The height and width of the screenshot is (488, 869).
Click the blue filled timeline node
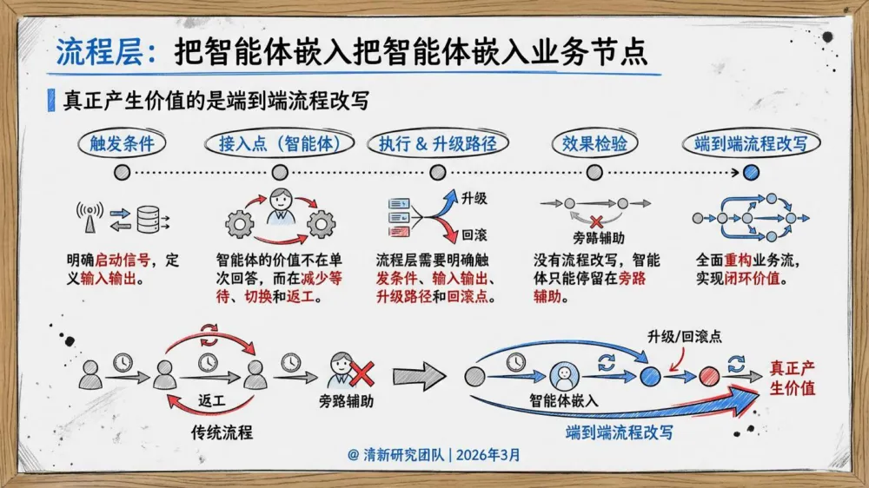coord(752,172)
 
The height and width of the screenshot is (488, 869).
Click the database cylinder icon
coord(148,217)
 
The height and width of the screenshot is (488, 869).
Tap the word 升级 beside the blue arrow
coord(474,198)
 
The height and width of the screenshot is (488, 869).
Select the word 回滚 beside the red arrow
coord(474,235)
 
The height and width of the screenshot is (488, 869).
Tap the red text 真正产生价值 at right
coord(793,378)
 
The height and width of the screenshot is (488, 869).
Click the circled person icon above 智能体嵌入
coord(563,375)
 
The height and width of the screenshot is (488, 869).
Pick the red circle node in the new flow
coord(709,376)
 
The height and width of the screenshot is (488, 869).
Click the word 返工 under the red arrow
coord(211,401)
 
